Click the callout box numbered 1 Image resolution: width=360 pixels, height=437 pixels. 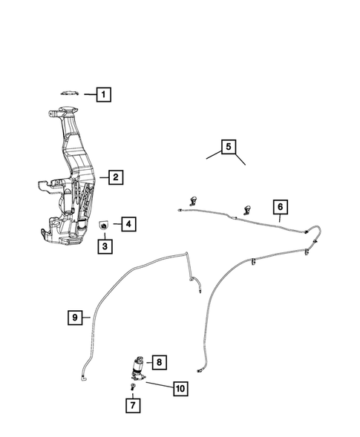coord(104,94)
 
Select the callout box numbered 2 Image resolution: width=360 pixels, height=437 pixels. coord(114,177)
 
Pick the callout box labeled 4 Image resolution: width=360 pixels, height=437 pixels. coord(128,223)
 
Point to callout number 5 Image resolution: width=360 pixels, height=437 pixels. coord(229,146)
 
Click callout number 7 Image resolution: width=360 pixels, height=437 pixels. coord(132,405)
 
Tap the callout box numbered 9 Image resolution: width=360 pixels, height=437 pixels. coord(75,318)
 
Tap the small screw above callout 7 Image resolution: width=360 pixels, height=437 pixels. coord(132,387)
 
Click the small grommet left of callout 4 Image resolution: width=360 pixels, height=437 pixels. coord(105,223)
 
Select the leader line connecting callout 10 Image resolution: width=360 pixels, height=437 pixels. coord(159,384)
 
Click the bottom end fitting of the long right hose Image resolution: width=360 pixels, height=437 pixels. coord(199,367)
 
